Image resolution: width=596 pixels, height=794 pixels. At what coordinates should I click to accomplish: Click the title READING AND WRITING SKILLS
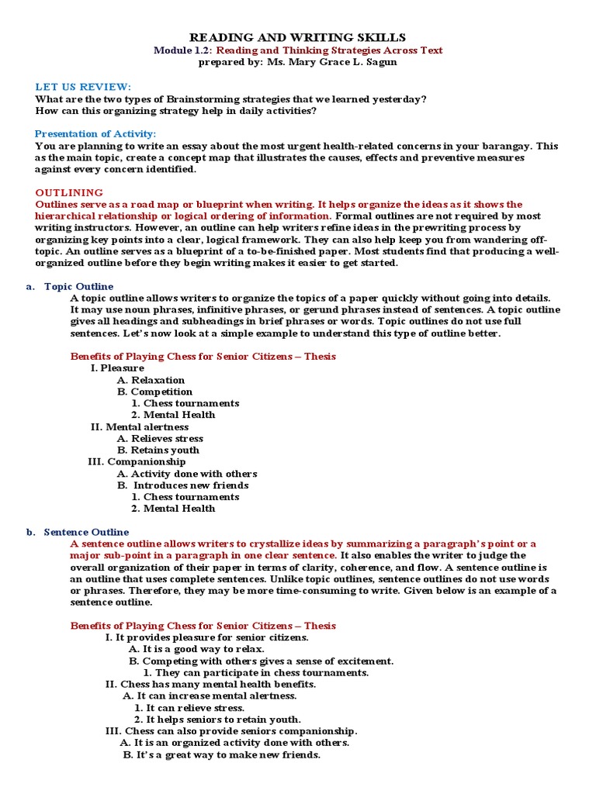pos(298,37)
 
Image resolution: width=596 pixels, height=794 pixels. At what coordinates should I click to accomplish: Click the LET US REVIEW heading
pos(83,86)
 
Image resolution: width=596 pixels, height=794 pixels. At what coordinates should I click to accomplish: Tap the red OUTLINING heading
pos(69,192)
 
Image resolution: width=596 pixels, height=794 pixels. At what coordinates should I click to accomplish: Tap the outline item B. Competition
pos(154,392)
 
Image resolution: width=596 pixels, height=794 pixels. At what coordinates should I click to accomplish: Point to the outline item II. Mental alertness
pos(140,426)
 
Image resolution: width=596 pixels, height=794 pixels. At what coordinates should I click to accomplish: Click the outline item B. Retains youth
pos(158,450)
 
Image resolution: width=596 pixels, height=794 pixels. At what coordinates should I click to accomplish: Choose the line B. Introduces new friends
pos(183,485)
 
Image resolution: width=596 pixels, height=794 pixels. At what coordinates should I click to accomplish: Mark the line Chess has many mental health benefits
pos(210,684)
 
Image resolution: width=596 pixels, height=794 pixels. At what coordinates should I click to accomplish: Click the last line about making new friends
pos(221,754)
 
